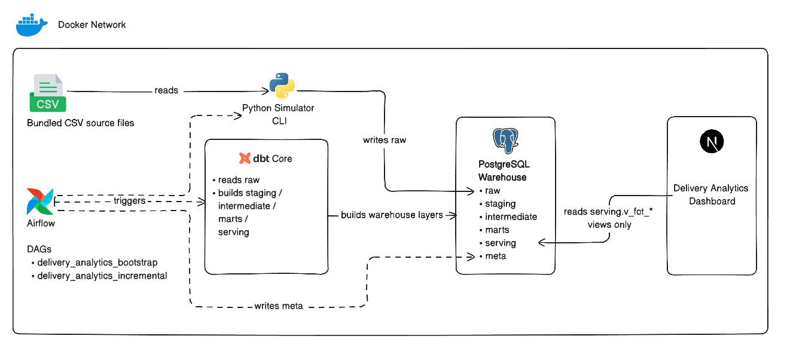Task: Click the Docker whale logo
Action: pos(32,25)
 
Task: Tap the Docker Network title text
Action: pos(91,25)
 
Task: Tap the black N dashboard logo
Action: pos(712,142)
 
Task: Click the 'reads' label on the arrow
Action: pos(166,90)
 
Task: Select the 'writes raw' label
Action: pos(384,140)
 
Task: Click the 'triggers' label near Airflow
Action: pos(129,201)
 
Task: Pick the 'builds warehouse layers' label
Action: pos(392,215)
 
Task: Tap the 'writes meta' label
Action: pos(279,306)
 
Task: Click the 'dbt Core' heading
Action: pos(266,158)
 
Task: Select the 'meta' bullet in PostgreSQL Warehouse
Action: pos(496,256)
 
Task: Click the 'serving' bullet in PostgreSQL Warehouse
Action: pos(500,243)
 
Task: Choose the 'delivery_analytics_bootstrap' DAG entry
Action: pos(97,263)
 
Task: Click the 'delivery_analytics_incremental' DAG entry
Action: pos(102,276)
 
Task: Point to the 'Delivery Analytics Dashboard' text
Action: pos(711,194)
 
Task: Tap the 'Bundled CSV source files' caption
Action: pos(80,123)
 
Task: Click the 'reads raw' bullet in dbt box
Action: pos(239,179)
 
